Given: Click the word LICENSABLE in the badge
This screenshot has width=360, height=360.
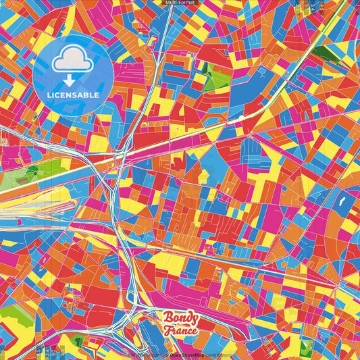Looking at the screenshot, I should [73, 95].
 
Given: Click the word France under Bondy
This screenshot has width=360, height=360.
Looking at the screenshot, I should [180, 330].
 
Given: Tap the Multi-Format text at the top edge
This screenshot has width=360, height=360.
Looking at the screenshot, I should [180, 3].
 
